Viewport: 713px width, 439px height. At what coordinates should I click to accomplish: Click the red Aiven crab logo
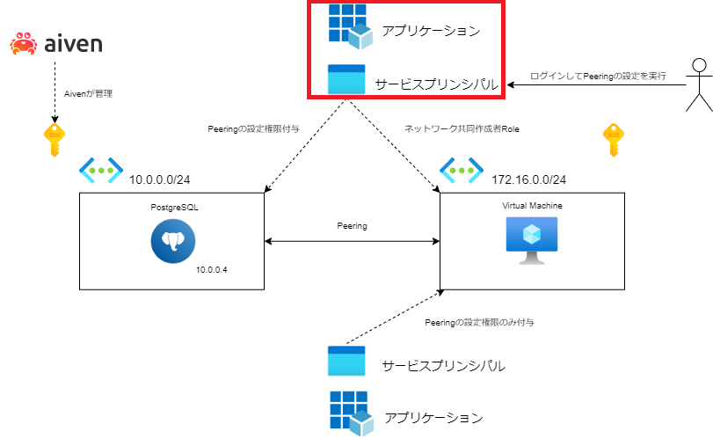[24, 44]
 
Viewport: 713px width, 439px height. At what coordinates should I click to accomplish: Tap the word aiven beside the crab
[73, 44]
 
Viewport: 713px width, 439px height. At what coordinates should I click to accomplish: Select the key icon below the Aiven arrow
[55, 140]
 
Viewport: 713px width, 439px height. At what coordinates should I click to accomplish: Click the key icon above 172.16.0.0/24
[614, 140]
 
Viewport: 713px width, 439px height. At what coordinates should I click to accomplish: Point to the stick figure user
[699, 85]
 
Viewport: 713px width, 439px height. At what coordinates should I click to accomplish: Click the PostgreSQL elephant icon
[173, 241]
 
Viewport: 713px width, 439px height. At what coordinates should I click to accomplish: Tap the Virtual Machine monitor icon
[532, 241]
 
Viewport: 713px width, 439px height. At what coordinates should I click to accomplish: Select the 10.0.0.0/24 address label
[160, 179]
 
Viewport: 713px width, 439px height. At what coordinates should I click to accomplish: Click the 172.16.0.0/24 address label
[529, 179]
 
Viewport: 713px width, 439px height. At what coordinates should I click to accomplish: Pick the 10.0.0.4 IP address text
[212, 270]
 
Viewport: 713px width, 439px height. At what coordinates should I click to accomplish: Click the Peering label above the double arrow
[352, 226]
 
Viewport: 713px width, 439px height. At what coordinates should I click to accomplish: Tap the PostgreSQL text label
[175, 208]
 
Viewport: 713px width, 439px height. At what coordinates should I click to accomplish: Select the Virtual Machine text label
[532, 206]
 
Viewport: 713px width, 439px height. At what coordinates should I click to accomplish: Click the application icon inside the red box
[351, 26]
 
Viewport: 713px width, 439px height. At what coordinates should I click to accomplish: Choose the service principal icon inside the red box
[346, 79]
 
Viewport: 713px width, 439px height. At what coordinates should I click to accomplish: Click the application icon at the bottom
[352, 413]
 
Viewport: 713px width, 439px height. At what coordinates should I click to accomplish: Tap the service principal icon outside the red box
[346, 361]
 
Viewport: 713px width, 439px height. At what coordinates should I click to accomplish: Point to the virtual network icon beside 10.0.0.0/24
[101, 171]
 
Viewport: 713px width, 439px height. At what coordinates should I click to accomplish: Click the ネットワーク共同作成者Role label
[462, 129]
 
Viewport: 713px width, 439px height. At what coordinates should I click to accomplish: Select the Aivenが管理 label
[88, 94]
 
